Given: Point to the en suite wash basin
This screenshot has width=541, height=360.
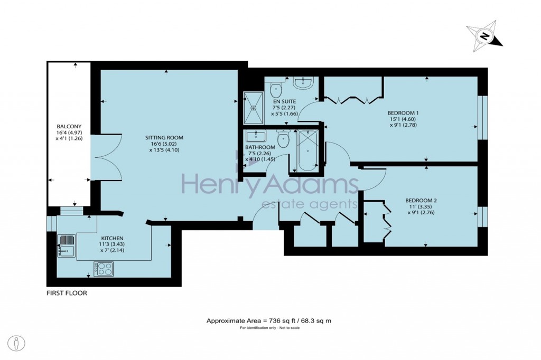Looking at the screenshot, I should point(303,82).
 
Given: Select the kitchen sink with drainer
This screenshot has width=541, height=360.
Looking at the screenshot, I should point(67,245).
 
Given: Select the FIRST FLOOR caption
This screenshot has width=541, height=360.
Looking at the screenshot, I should point(67,293).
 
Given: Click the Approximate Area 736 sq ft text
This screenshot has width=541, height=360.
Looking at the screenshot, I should point(269,320).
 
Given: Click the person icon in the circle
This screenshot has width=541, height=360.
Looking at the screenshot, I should point(16,343).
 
